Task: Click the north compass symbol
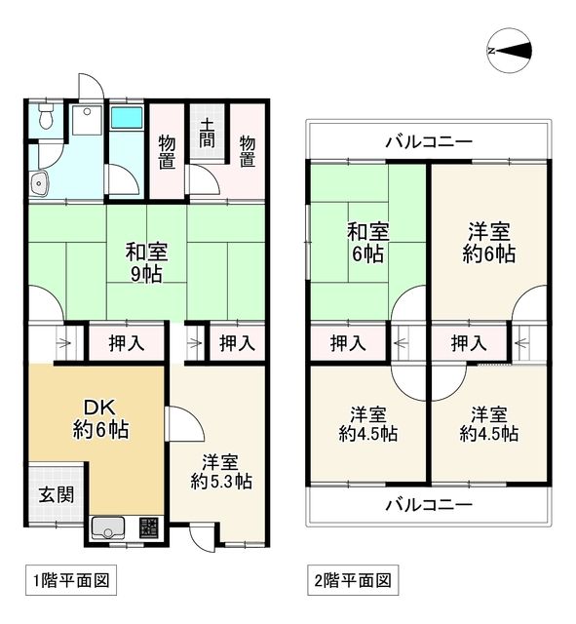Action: tap(511, 51)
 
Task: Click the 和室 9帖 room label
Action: tap(145, 262)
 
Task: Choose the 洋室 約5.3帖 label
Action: tap(221, 470)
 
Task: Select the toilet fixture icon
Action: tap(44, 120)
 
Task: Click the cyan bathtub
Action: tap(126, 119)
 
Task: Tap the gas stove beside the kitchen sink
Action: tap(149, 528)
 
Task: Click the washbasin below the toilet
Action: tap(40, 181)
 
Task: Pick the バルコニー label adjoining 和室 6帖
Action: tap(429, 142)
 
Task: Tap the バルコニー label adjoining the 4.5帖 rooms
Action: tap(429, 505)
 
